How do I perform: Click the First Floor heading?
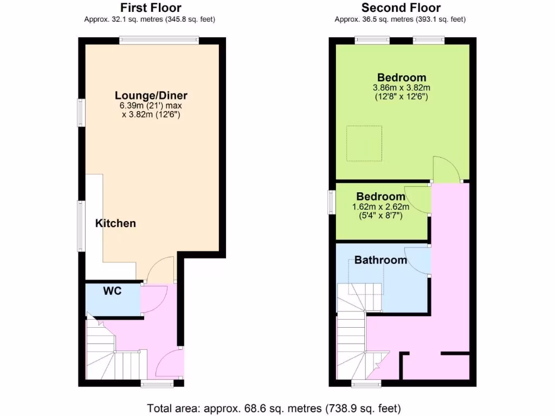coord(151,8)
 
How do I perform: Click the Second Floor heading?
coord(401,8)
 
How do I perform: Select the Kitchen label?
coord(115,223)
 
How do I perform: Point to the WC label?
coord(113,291)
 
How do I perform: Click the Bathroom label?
coord(380,260)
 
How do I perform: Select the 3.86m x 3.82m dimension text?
coord(402,88)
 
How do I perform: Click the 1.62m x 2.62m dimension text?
coord(380,206)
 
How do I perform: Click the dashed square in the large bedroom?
coord(364,144)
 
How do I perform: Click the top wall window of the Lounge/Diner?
coord(159,40)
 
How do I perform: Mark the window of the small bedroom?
coord(332,199)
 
